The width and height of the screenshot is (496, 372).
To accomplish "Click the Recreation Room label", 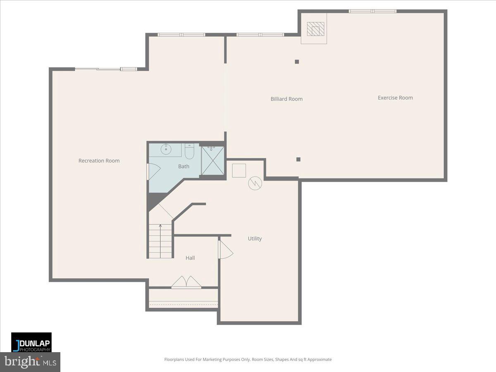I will point(99,161).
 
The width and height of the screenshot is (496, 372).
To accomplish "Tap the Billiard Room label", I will point(286,99).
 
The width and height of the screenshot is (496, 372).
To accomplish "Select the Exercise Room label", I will point(395,98).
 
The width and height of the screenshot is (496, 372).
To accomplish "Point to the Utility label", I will point(255,238).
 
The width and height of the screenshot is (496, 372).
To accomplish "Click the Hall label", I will point(190,258).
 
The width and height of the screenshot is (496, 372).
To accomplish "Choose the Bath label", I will point(184,167).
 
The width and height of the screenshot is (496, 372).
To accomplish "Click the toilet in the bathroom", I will point(190,152).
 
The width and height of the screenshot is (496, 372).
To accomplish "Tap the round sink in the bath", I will point(167,149).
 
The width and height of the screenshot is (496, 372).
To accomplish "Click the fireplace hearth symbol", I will point(315,29).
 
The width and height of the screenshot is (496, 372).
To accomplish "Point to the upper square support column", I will point(297,62).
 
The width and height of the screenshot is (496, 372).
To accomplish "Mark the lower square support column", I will point(298,160).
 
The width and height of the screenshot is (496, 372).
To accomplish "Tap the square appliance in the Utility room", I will point(239,171).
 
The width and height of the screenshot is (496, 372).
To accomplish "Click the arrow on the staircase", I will point(160,227).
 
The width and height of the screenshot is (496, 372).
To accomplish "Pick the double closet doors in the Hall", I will point(186,282).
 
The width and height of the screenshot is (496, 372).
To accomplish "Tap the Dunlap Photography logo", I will point(31,342).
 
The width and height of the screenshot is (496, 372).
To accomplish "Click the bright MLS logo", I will point(30,362).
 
